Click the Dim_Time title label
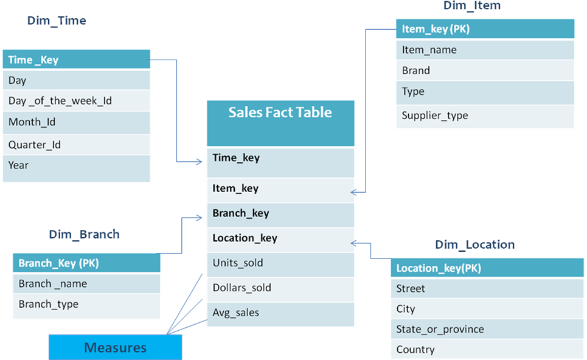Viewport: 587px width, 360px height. click(x=57, y=21)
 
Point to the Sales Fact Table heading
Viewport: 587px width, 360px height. click(x=280, y=112)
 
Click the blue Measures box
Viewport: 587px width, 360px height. click(x=115, y=348)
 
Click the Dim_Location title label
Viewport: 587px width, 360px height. click(x=475, y=244)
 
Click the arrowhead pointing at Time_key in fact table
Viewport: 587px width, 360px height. click(x=201, y=161)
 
